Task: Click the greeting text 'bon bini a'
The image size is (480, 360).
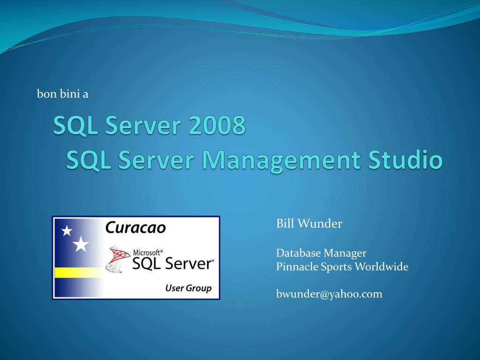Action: (x=63, y=94)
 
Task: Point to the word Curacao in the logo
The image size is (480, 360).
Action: (x=135, y=228)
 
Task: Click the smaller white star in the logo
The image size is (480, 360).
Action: (x=67, y=231)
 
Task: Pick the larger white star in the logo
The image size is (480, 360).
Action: (x=81, y=244)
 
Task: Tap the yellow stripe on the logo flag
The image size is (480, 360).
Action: (x=77, y=272)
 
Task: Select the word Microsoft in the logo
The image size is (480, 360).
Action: (x=147, y=252)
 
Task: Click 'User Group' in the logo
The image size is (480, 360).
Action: (x=188, y=288)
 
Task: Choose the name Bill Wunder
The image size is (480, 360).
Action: (x=309, y=224)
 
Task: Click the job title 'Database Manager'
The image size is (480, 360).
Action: (x=321, y=253)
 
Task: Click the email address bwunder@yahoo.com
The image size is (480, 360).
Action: (x=329, y=294)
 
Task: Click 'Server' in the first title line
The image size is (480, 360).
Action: (x=143, y=126)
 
